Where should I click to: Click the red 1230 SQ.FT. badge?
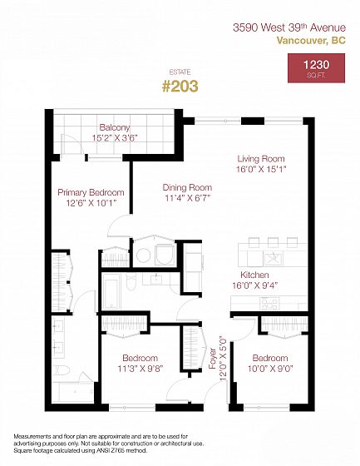tap(316, 67)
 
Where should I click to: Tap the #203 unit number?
tap(180, 87)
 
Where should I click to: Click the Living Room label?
tap(261, 159)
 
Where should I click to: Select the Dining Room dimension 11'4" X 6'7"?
tap(187, 198)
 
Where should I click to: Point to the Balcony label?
tap(115, 127)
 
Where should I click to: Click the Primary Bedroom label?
tap(91, 192)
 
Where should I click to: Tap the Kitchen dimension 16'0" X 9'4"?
tap(255, 285)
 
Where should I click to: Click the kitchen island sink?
tap(274, 259)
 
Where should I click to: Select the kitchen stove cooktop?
tap(269, 304)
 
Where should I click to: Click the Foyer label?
tap(212, 359)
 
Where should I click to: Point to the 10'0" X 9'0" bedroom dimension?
tap(270, 369)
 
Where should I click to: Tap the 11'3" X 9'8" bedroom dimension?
tap(141, 369)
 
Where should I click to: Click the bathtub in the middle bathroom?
tap(111, 291)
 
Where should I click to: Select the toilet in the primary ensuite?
tap(62, 370)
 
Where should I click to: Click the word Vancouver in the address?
tap(301, 40)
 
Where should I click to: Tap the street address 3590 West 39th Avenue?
tap(289, 27)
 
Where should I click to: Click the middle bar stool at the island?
tap(273, 242)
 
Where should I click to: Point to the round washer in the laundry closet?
tap(144, 255)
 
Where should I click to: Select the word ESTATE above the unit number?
tap(180, 72)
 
